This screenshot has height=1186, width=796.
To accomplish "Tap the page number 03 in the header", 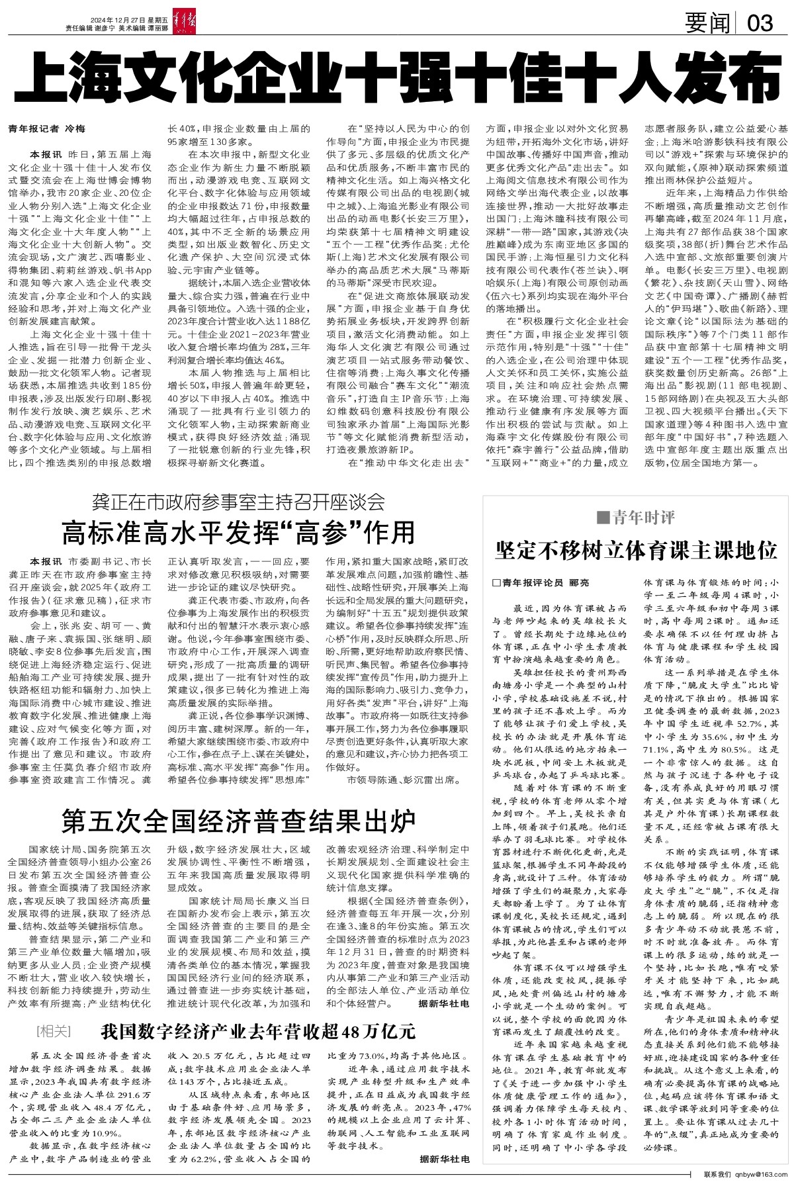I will coord(759,24).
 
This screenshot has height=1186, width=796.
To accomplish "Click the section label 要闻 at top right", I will coord(708,24).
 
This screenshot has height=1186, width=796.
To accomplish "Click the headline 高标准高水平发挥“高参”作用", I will coord(238,531).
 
